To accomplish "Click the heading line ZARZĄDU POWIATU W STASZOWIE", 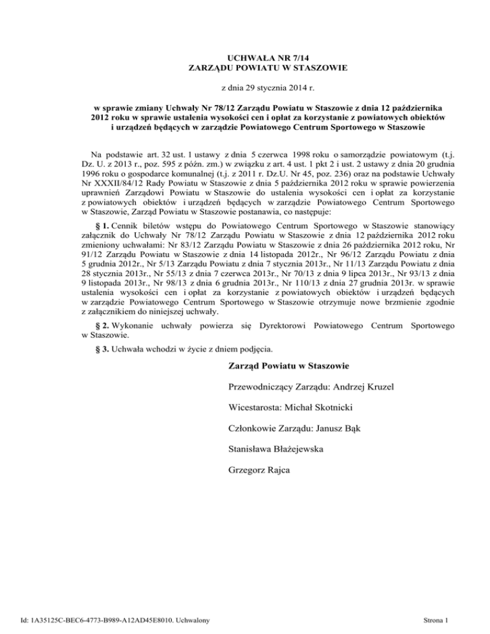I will (244, 68).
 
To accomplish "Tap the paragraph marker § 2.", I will (93, 325).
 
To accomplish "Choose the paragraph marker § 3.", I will (93, 350).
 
